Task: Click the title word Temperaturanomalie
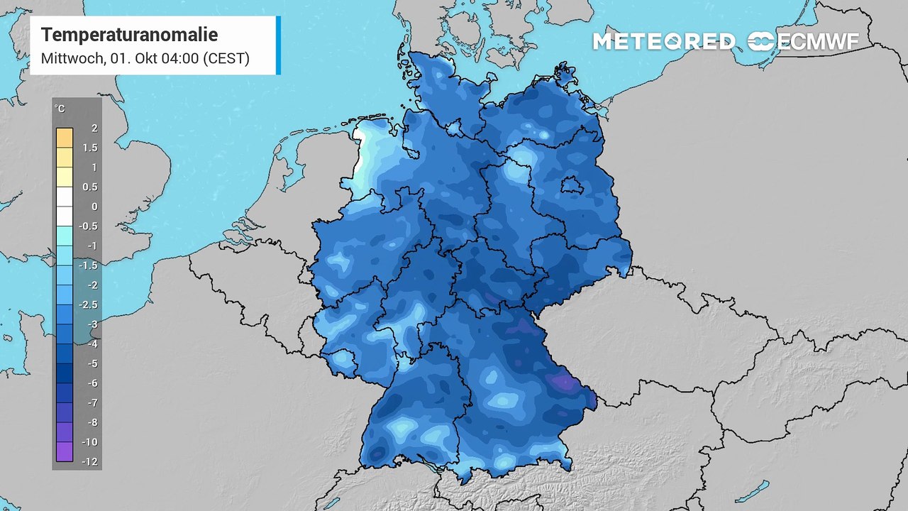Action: (129, 35)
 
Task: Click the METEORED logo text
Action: (663, 42)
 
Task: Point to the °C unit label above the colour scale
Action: (60, 109)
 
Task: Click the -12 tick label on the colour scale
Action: (90, 461)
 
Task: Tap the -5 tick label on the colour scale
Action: (92, 363)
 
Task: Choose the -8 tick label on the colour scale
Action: (92, 422)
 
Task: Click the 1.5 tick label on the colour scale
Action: (90, 148)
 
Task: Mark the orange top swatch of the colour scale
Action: (64, 137)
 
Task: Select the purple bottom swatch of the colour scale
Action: (64, 451)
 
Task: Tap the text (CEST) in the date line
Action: (226, 58)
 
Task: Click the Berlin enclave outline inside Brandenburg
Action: (571, 187)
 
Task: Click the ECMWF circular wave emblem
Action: (761, 41)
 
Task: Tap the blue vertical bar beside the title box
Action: (278, 45)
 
